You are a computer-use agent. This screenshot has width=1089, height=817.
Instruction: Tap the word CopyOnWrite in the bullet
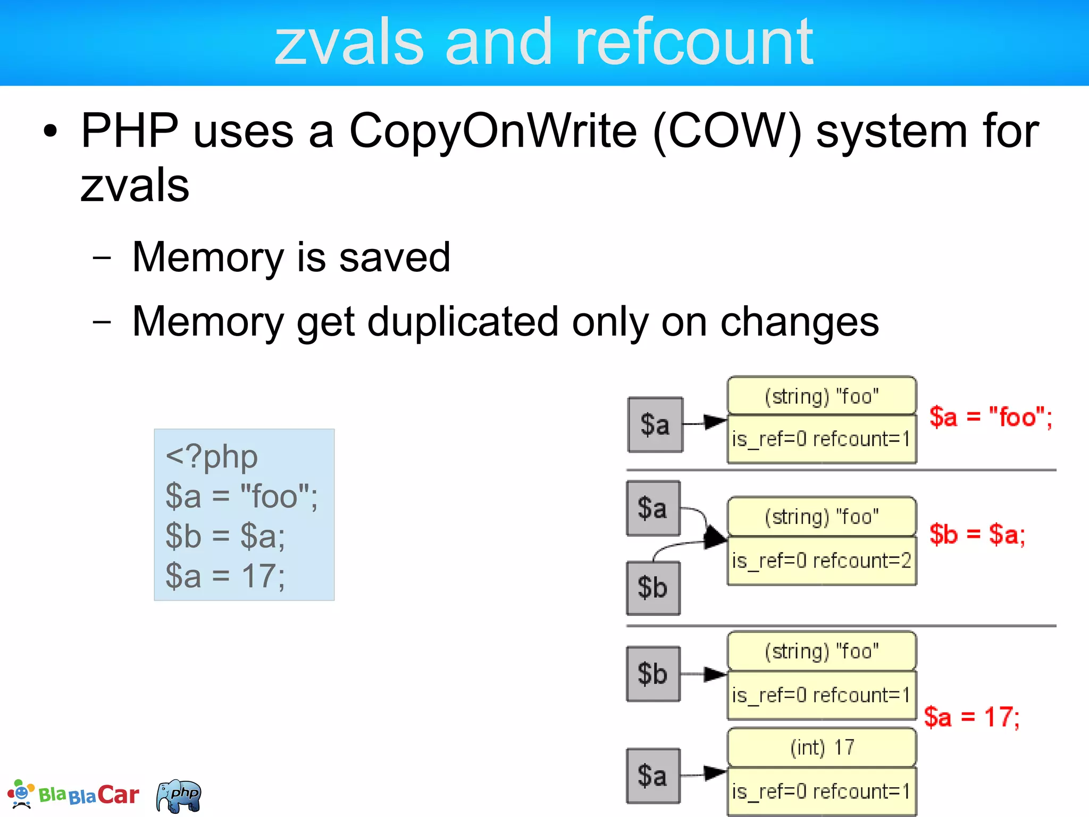[x=492, y=131]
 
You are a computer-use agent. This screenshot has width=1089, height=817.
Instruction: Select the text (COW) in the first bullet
[x=727, y=131]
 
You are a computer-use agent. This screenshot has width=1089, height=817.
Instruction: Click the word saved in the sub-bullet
[x=395, y=257]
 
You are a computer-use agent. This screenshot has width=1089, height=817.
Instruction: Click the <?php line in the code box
[x=212, y=457]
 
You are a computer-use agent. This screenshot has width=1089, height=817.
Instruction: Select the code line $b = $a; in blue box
[x=225, y=536]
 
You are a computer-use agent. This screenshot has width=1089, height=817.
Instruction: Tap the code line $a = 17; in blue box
[x=225, y=576]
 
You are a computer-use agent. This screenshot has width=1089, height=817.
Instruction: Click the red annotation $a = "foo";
[x=990, y=416]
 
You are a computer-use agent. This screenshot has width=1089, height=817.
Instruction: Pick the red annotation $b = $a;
[x=977, y=534]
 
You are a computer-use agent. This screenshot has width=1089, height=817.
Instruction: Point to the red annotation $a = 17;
[x=971, y=717]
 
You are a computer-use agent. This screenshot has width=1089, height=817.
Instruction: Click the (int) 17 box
[x=822, y=747]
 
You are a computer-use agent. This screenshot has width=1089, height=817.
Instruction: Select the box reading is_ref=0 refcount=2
[x=822, y=561]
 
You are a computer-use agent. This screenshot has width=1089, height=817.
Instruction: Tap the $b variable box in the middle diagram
[x=653, y=588]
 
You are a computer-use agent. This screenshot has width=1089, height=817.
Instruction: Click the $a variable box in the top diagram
[x=655, y=424]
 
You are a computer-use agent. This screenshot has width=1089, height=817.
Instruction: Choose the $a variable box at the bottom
[x=653, y=776]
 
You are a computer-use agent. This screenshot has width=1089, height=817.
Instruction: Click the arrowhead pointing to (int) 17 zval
[x=715, y=773]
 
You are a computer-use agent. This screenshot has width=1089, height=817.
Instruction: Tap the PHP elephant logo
[x=179, y=796]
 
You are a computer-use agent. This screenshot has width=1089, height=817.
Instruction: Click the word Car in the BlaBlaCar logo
[x=118, y=795]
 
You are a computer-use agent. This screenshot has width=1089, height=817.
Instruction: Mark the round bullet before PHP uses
[x=50, y=131]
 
